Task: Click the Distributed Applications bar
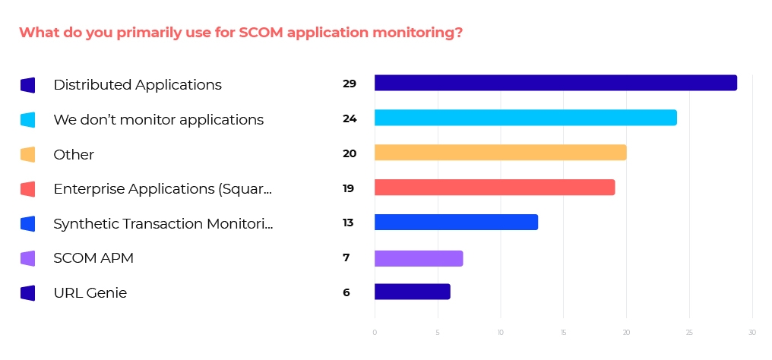[x=555, y=83]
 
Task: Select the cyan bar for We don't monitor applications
[x=525, y=118]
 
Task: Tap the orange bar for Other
[x=500, y=153]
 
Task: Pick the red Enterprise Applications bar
[x=494, y=188]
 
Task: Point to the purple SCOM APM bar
[x=419, y=257]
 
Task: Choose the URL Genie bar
[x=413, y=292]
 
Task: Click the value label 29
[x=350, y=84]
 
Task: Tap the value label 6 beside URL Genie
[x=346, y=292]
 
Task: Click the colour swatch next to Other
[x=28, y=155]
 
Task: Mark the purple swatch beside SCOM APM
[x=28, y=259]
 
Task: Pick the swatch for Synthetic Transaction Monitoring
[x=28, y=224]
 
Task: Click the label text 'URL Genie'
[x=90, y=293]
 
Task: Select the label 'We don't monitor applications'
[x=158, y=120]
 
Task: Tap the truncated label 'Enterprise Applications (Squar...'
[x=163, y=189]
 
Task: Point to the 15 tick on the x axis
[x=563, y=333]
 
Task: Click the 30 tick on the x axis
[x=751, y=333]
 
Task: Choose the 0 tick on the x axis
[x=375, y=333]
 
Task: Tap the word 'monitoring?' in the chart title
[x=419, y=33]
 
